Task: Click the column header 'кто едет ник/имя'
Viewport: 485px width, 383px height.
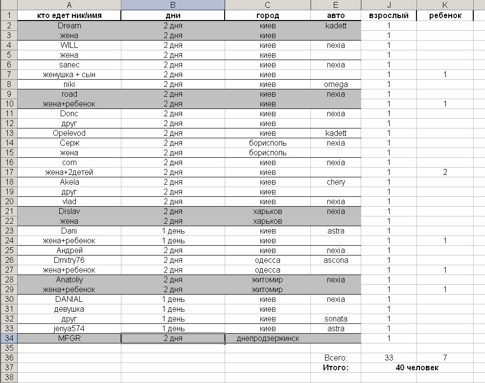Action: (69, 16)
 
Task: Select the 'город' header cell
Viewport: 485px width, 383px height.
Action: (268, 16)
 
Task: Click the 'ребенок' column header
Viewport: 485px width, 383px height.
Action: (445, 16)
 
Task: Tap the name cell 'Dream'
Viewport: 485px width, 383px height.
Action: (69, 25)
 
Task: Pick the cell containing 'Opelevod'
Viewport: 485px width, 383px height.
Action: (69, 133)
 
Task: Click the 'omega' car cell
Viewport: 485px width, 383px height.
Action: (336, 84)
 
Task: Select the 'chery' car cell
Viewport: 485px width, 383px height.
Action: (336, 182)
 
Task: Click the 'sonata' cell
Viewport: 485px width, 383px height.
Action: (336, 319)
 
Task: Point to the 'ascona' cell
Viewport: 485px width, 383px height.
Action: (336, 260)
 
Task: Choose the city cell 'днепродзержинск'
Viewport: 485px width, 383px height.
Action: (268, 338)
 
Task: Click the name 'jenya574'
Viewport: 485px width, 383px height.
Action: (69, 328)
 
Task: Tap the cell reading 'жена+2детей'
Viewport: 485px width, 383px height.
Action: (69, 172)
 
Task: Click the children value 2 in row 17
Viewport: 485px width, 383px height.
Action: (445, 172)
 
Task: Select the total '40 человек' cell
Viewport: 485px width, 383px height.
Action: (417, 367)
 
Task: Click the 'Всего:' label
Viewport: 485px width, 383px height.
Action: (336, 358)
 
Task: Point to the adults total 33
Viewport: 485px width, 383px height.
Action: (389, 358)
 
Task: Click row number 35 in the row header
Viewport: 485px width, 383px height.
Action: (9, 348)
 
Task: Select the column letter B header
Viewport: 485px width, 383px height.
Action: (173, 5)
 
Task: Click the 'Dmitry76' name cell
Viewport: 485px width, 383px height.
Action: (69, 260)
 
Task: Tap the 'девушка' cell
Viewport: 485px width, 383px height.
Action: (69, 309)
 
